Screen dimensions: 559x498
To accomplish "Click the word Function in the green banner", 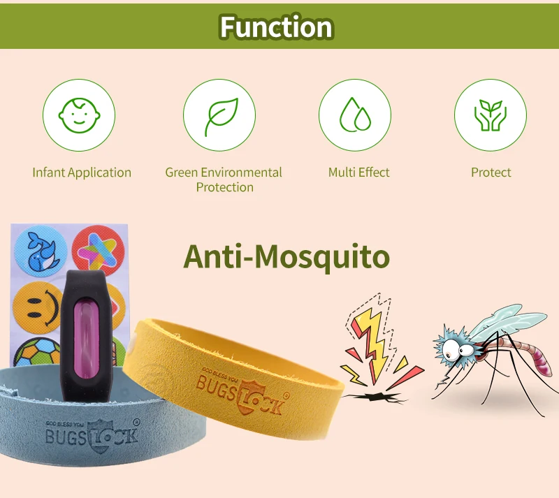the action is tap(276, 27).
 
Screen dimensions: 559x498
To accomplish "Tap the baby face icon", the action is tap(79, 115).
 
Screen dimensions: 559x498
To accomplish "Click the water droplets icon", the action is tap(355, 115).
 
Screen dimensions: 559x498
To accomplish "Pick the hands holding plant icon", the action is tap(491, 115).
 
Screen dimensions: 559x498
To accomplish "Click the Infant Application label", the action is tap(82, 173).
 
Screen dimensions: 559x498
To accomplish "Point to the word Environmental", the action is tap(241, 173).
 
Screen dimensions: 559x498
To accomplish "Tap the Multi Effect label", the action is tap(358, 173).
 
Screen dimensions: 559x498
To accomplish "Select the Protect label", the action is tap(491, 173).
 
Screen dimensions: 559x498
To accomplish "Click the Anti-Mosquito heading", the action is tap(286, 256).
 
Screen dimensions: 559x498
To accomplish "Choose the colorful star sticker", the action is tap(98, 250).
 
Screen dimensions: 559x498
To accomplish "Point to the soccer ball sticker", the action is tap(38, 353).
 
